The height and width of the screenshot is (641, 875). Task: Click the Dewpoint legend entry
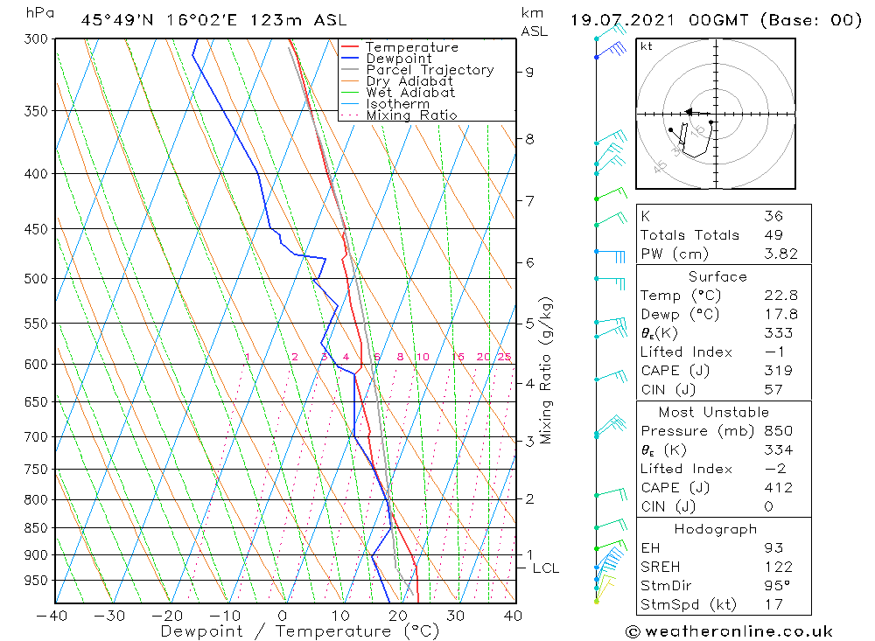(398, 59)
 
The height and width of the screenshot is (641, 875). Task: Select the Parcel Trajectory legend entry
(430, 70)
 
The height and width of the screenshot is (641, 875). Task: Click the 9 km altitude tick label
(529, 72)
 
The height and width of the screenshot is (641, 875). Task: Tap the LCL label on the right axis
(545, 568)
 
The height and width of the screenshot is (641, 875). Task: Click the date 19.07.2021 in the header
(616, 19)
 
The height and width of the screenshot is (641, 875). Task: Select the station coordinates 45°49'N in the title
(114, 19)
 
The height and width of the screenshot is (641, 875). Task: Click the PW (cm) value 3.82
(778, 254)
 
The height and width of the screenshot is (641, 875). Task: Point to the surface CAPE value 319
(778, 371)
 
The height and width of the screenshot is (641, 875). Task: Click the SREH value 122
(778, 568)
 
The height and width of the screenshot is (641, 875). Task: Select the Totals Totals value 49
(773, 234)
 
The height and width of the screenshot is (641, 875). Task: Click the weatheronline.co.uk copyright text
(729, 631)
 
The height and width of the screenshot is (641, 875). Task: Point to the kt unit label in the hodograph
(647, 46)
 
